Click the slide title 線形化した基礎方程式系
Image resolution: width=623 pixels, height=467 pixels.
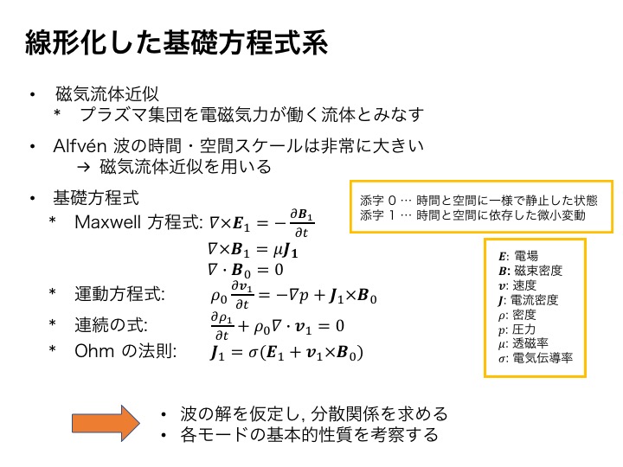click(177, 42)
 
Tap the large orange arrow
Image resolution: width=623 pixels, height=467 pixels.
click(106, 423)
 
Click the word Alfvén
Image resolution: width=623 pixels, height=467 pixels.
click(80, 146)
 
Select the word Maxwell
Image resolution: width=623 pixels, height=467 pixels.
click(107, 222)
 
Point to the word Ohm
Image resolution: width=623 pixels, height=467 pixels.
click(94, 350)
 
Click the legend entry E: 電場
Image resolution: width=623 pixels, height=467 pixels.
click(518, 256)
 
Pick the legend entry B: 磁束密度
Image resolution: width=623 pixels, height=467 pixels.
click(530, 271)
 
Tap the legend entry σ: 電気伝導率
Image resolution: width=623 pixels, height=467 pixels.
click(536, 358)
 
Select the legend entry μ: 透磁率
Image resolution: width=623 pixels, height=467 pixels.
click(523, 343)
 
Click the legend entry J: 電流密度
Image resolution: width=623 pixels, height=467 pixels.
click(528, 300)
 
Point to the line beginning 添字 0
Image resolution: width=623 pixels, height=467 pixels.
click(478, 200)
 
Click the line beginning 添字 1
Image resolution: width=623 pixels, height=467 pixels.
click(472, 215)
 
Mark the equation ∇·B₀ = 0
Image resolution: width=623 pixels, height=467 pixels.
click(246, 271)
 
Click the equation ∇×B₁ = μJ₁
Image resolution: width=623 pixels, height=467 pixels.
click(253, 250)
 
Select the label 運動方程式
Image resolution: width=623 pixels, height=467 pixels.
click(119, 294)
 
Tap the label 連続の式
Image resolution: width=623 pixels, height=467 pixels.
click(111, 325)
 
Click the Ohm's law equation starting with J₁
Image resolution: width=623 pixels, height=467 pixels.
click(286, 352)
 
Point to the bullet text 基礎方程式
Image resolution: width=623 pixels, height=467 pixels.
click(96, 198)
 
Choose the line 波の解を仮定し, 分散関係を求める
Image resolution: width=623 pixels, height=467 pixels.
click(314, 413)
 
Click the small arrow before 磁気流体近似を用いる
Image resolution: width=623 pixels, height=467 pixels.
click(83, 167)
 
